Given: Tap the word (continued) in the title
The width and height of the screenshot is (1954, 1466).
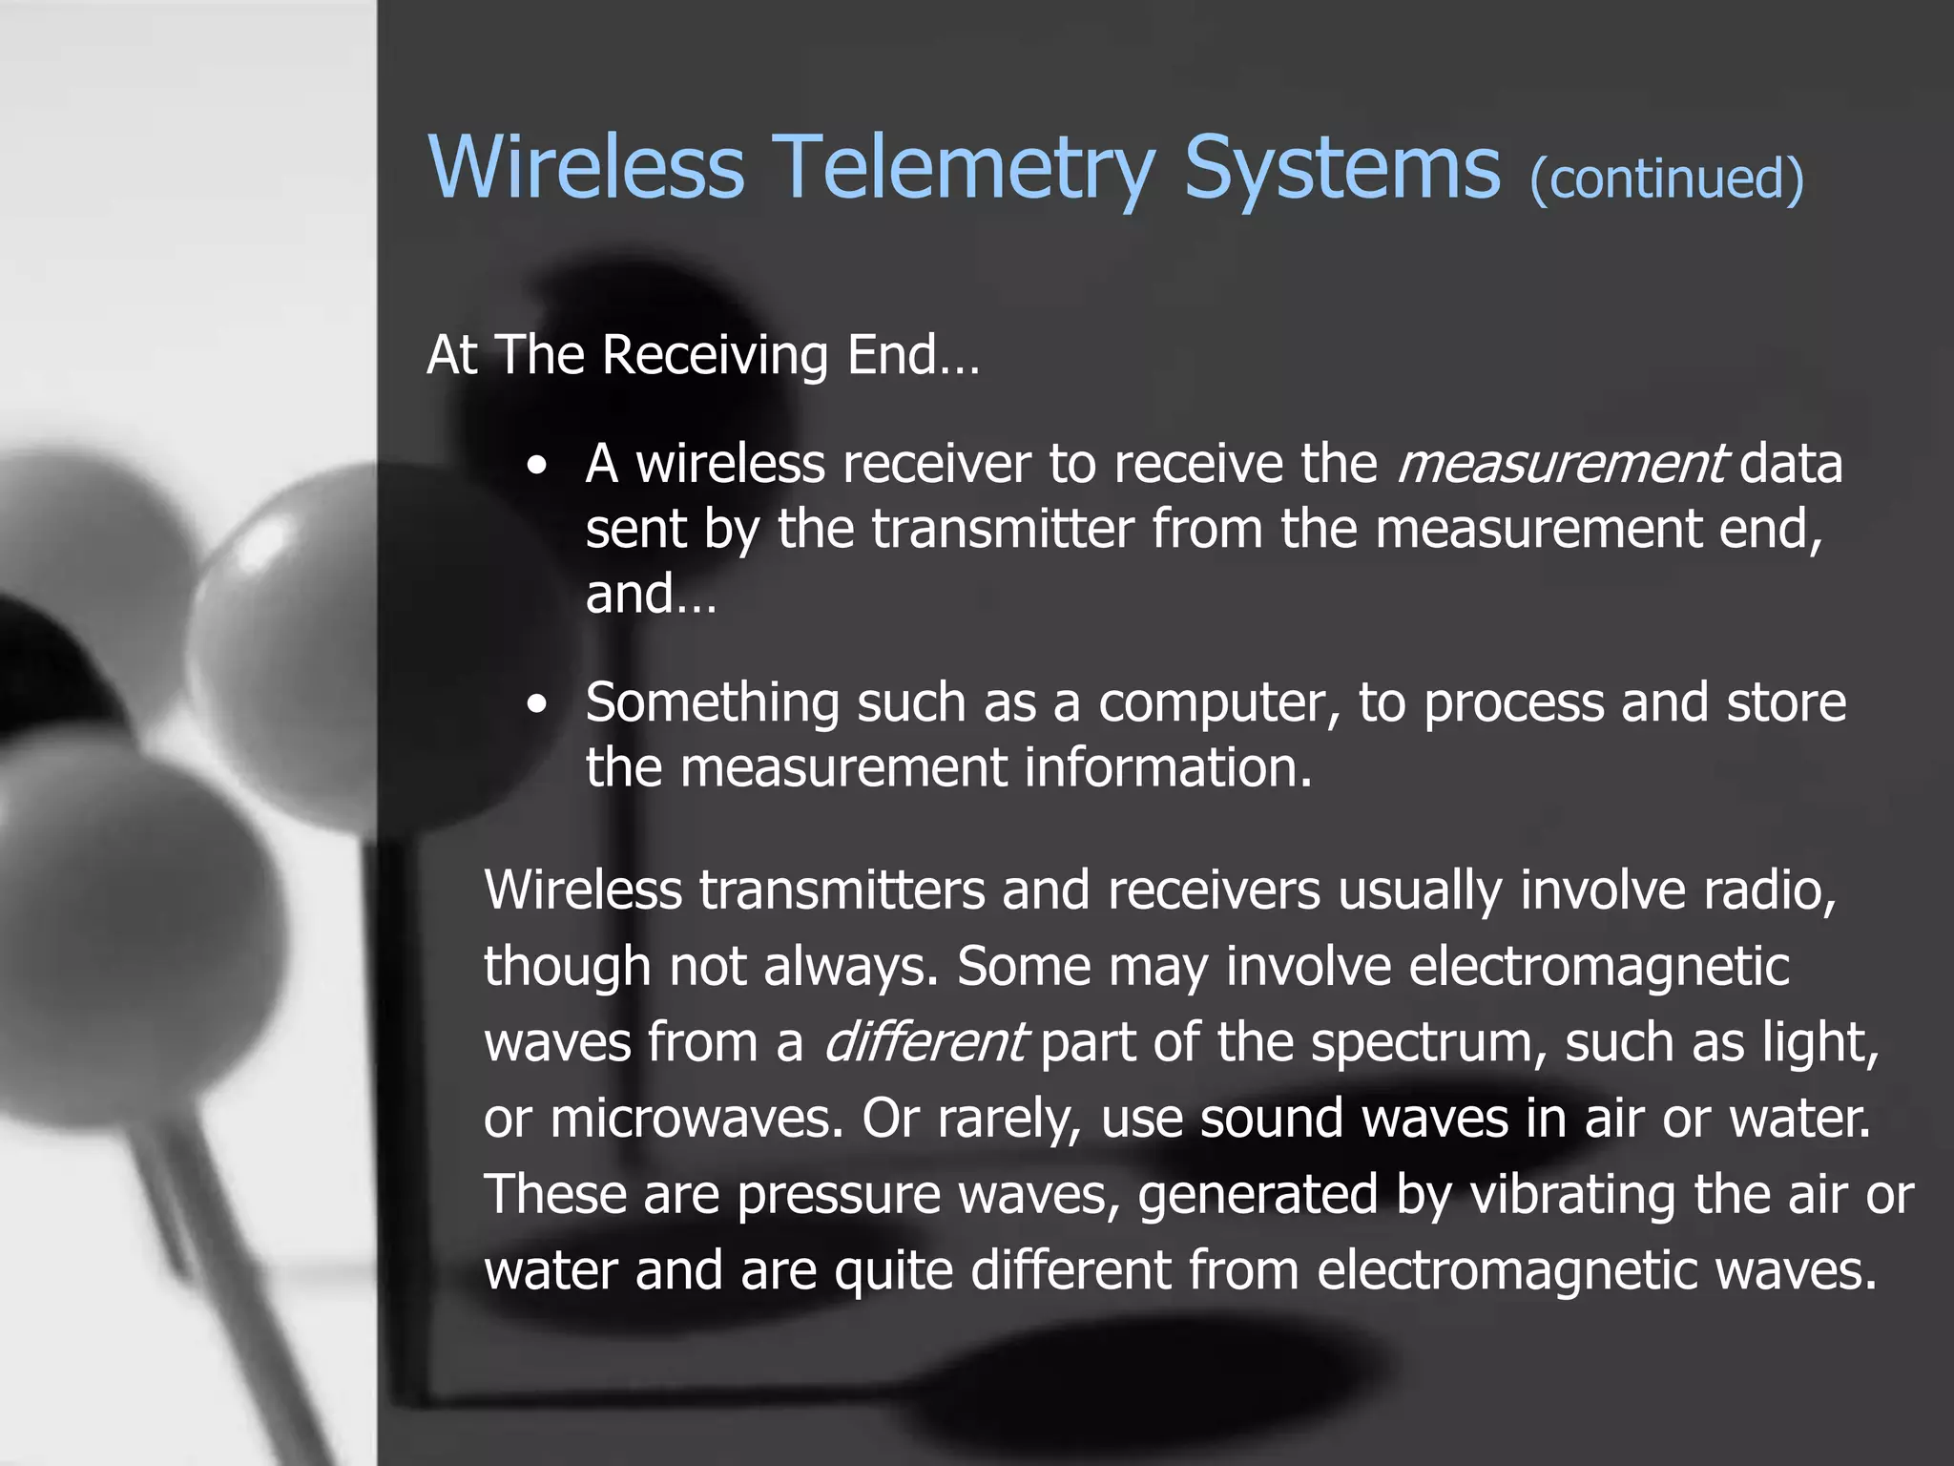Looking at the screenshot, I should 1666,178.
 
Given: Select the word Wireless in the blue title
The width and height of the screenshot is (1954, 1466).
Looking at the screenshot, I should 586,168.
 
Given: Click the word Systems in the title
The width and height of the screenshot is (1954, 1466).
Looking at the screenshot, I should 1341,168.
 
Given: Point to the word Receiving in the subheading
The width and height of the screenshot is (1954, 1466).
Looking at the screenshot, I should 715,356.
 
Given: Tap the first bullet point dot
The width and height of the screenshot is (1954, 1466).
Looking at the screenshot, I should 538,468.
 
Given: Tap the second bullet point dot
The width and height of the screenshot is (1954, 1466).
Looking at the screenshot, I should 538,705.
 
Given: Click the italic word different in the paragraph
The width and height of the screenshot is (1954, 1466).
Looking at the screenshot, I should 924,1042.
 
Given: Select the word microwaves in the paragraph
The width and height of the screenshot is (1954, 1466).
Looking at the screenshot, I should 696,1118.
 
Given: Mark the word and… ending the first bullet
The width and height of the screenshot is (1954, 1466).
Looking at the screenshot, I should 650,595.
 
